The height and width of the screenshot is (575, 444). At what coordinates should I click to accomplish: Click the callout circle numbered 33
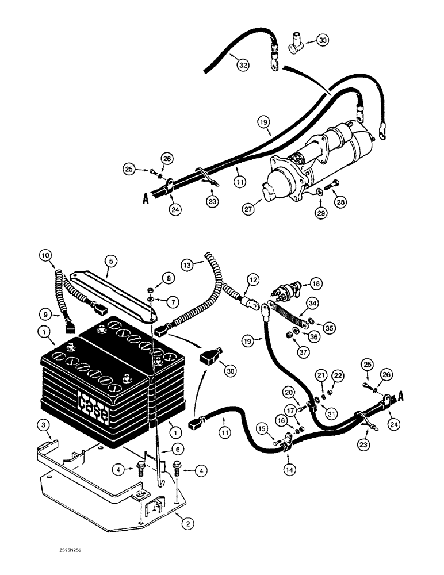click(323, 40)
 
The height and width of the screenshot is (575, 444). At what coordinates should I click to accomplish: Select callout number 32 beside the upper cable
click(244, 66)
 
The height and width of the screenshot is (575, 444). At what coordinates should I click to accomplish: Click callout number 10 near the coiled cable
click(45, 255)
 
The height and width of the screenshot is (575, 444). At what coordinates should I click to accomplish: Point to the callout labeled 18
click(315, 283)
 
